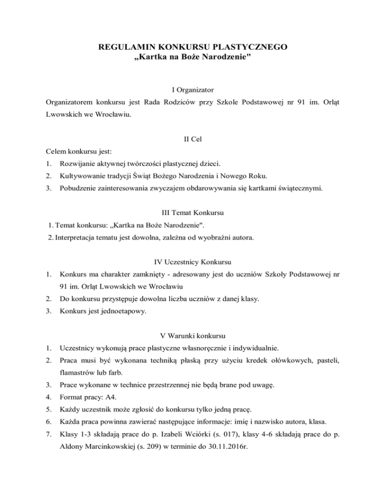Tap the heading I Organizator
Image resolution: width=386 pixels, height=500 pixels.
tap(192, 90)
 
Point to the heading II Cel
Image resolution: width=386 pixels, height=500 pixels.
tap(193, 139)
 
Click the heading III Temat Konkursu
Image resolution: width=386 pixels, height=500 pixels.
tap(192, 212)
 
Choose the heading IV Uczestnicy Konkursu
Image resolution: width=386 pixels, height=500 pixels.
tap(192, 261)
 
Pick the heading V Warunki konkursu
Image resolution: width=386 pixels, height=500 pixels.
tap(192, 334)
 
